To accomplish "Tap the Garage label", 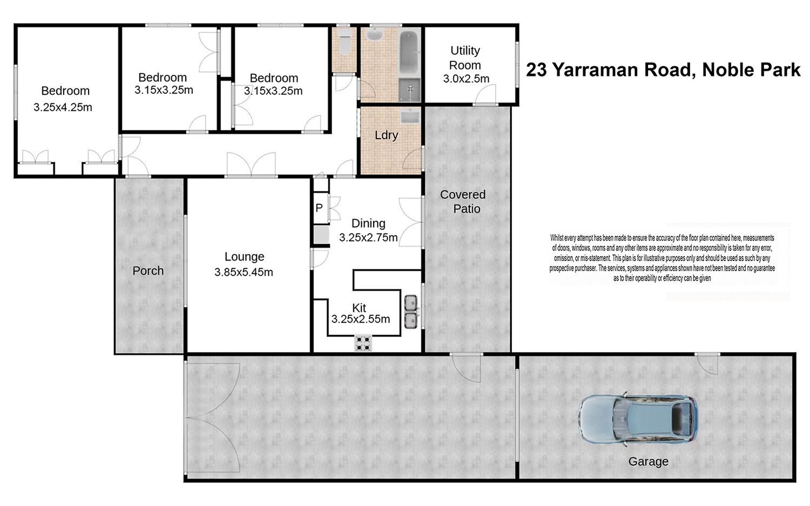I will (648, 462).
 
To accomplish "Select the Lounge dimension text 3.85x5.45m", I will (244, 272).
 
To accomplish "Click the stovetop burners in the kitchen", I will (363, 343).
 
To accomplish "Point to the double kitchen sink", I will (411, 311).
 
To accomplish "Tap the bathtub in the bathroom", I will (409, 53).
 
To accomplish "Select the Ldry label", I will (386, 135).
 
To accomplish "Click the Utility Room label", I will (465, 58).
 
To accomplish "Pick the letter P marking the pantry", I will (319, 208).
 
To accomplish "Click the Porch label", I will (148, 271).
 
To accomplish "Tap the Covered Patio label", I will (463, 202).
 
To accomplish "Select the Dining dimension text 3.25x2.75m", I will (368, 237).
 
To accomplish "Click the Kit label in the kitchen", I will (359, 307).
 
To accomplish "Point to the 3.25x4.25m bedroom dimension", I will (63, 107).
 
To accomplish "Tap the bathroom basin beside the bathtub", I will (374, 36).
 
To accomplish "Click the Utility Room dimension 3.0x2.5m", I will (466, 79).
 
